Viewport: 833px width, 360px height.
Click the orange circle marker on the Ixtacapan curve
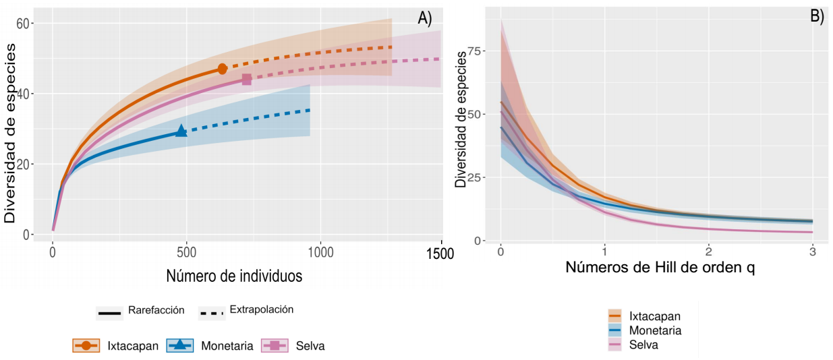coord(223,69)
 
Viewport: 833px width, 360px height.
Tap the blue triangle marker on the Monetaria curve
coord(181,131)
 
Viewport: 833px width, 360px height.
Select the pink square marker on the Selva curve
coord(247,80)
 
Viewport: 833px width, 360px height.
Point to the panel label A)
coord(425,18)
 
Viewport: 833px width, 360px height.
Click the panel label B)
coord(817,17)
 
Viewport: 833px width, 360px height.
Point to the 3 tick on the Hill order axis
coord(812,251)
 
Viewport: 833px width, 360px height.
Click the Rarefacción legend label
coord(156,310)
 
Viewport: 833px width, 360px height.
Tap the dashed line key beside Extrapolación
coord(211,313)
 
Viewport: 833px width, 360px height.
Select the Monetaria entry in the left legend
coord(227,346)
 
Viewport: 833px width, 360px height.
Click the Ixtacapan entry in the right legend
coord(654,316)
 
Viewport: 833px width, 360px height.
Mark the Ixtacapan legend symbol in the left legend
coord(86,346)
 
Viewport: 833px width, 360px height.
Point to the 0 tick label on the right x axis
coord(500,251)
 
